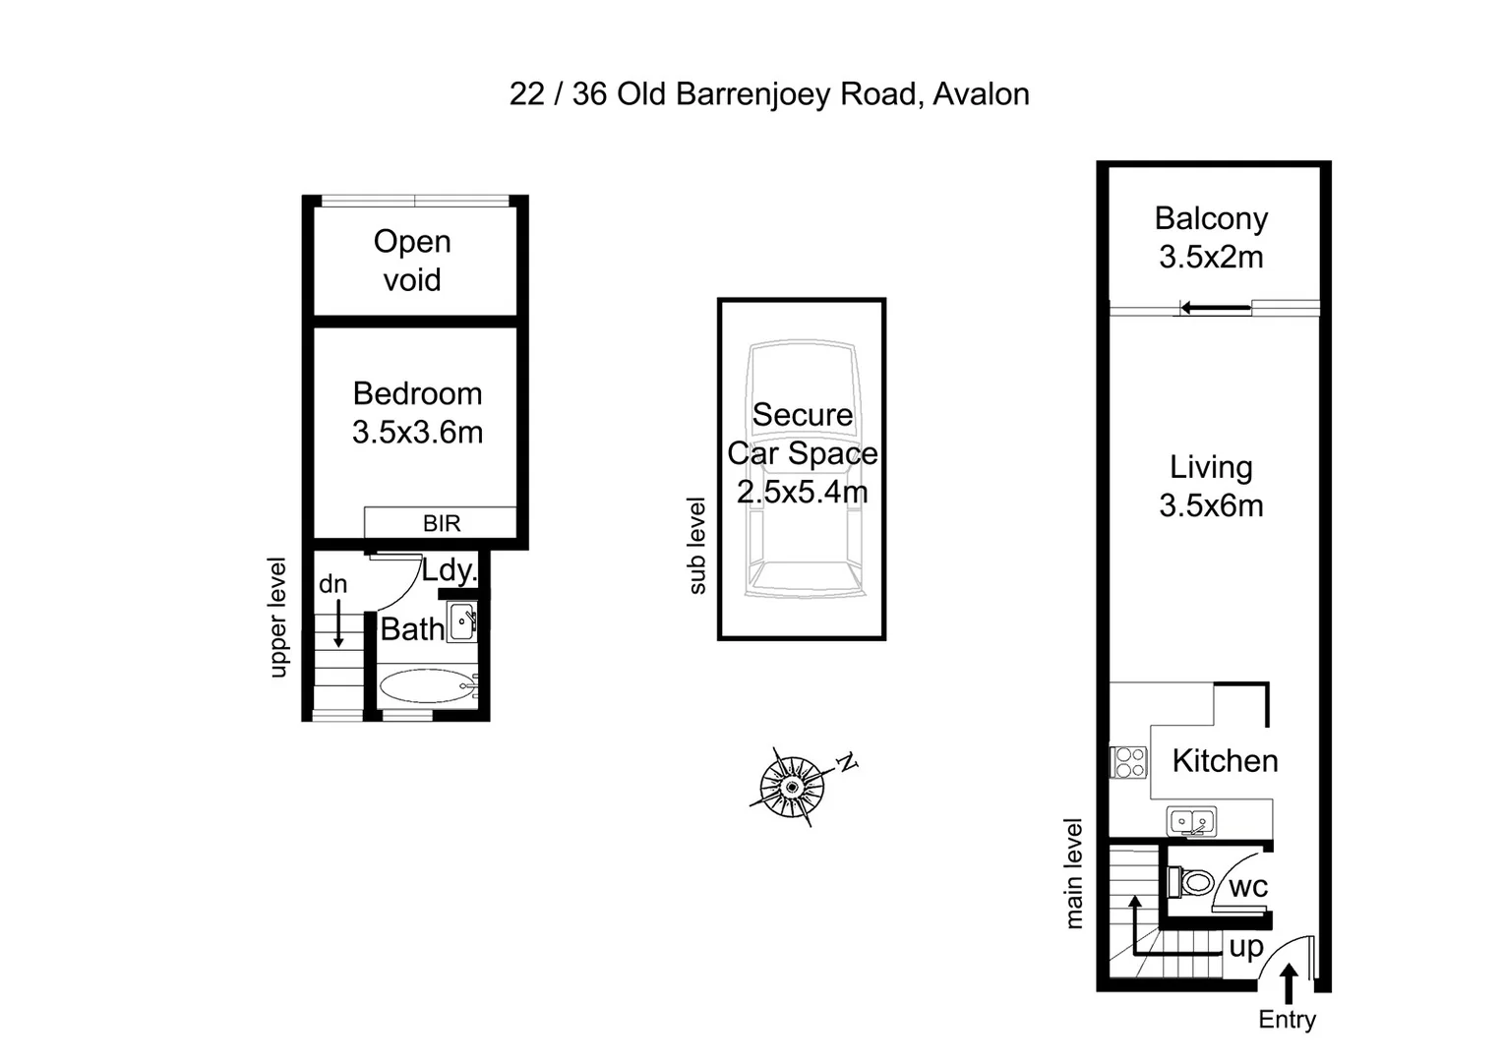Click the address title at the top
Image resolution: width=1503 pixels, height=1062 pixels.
click(x=769, y=94)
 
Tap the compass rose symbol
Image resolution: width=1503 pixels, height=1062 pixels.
click(x=792, y=787)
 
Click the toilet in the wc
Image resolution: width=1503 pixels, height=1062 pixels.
click(x=1191, y=881)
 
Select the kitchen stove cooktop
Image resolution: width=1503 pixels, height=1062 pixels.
click(x=1129, y=762)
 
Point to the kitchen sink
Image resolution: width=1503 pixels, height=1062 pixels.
click(x=1191, y=821)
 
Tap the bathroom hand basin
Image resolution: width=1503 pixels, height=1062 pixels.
click(x=462, y=623)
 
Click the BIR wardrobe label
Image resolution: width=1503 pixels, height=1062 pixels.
click(x=441, y=523)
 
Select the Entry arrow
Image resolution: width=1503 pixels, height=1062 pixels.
click(x=1289, y=982)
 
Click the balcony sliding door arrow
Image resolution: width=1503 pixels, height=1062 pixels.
click(x=1216, y=308)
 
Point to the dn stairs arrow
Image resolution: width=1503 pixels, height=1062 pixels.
click(x=338, y=624)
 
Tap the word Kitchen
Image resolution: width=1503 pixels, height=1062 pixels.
click(x=1225, y=761)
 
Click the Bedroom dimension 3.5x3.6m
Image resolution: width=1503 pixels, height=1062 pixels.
click(x=417, y=433)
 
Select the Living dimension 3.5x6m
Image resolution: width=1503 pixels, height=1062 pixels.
click(x=1211, y=506)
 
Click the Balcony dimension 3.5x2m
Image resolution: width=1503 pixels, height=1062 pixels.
click(x=1211, y=258)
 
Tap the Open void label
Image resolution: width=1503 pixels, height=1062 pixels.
click(x=412, y=261)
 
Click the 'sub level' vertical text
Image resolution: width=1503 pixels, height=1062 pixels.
click(x=697, y=546)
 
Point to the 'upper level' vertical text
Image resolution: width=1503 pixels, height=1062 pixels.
click(x=278, y=618)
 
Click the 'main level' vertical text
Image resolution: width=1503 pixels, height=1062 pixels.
click(x=1074, y=873)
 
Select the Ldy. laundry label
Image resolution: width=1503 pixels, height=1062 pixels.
click(x=450, y=570)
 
